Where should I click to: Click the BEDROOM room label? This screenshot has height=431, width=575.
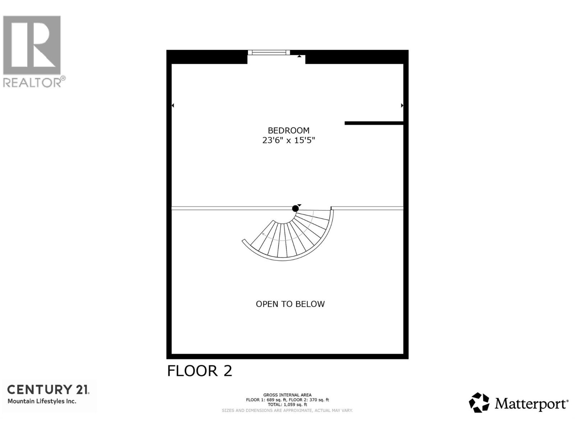click(x=288, y=130)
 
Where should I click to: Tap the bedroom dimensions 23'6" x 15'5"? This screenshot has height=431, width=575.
click(x=288, y=140)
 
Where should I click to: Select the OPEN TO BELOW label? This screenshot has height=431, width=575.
click(x=290, y=304)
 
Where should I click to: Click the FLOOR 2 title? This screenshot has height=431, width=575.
click(x=199, y=371)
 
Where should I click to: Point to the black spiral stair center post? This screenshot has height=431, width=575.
click(x=295, y=208)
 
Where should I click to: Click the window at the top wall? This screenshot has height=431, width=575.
click(x=269, y=53)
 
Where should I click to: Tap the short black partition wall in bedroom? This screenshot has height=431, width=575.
click(x=374, y=123)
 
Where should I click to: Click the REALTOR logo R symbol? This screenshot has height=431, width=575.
click(x=32, y=45)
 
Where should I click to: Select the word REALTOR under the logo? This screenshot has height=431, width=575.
click(x=32, y=83)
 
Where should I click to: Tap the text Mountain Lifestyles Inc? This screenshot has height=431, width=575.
click(x=42, y=402)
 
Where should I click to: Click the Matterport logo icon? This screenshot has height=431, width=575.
click(x=479, y=403)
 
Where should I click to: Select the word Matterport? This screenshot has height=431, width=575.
click(x=531, y=404)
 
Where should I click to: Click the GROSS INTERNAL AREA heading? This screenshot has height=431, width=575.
click(x=287, y=395)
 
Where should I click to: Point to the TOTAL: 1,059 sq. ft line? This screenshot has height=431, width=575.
click(x=287, y=404)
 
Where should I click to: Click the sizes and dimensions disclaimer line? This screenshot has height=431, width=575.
click(x=287, y=410)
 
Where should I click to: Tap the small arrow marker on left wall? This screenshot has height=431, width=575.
click(x=173, y=106)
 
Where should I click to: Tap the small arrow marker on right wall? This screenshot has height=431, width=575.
click(x=402, y=106)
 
